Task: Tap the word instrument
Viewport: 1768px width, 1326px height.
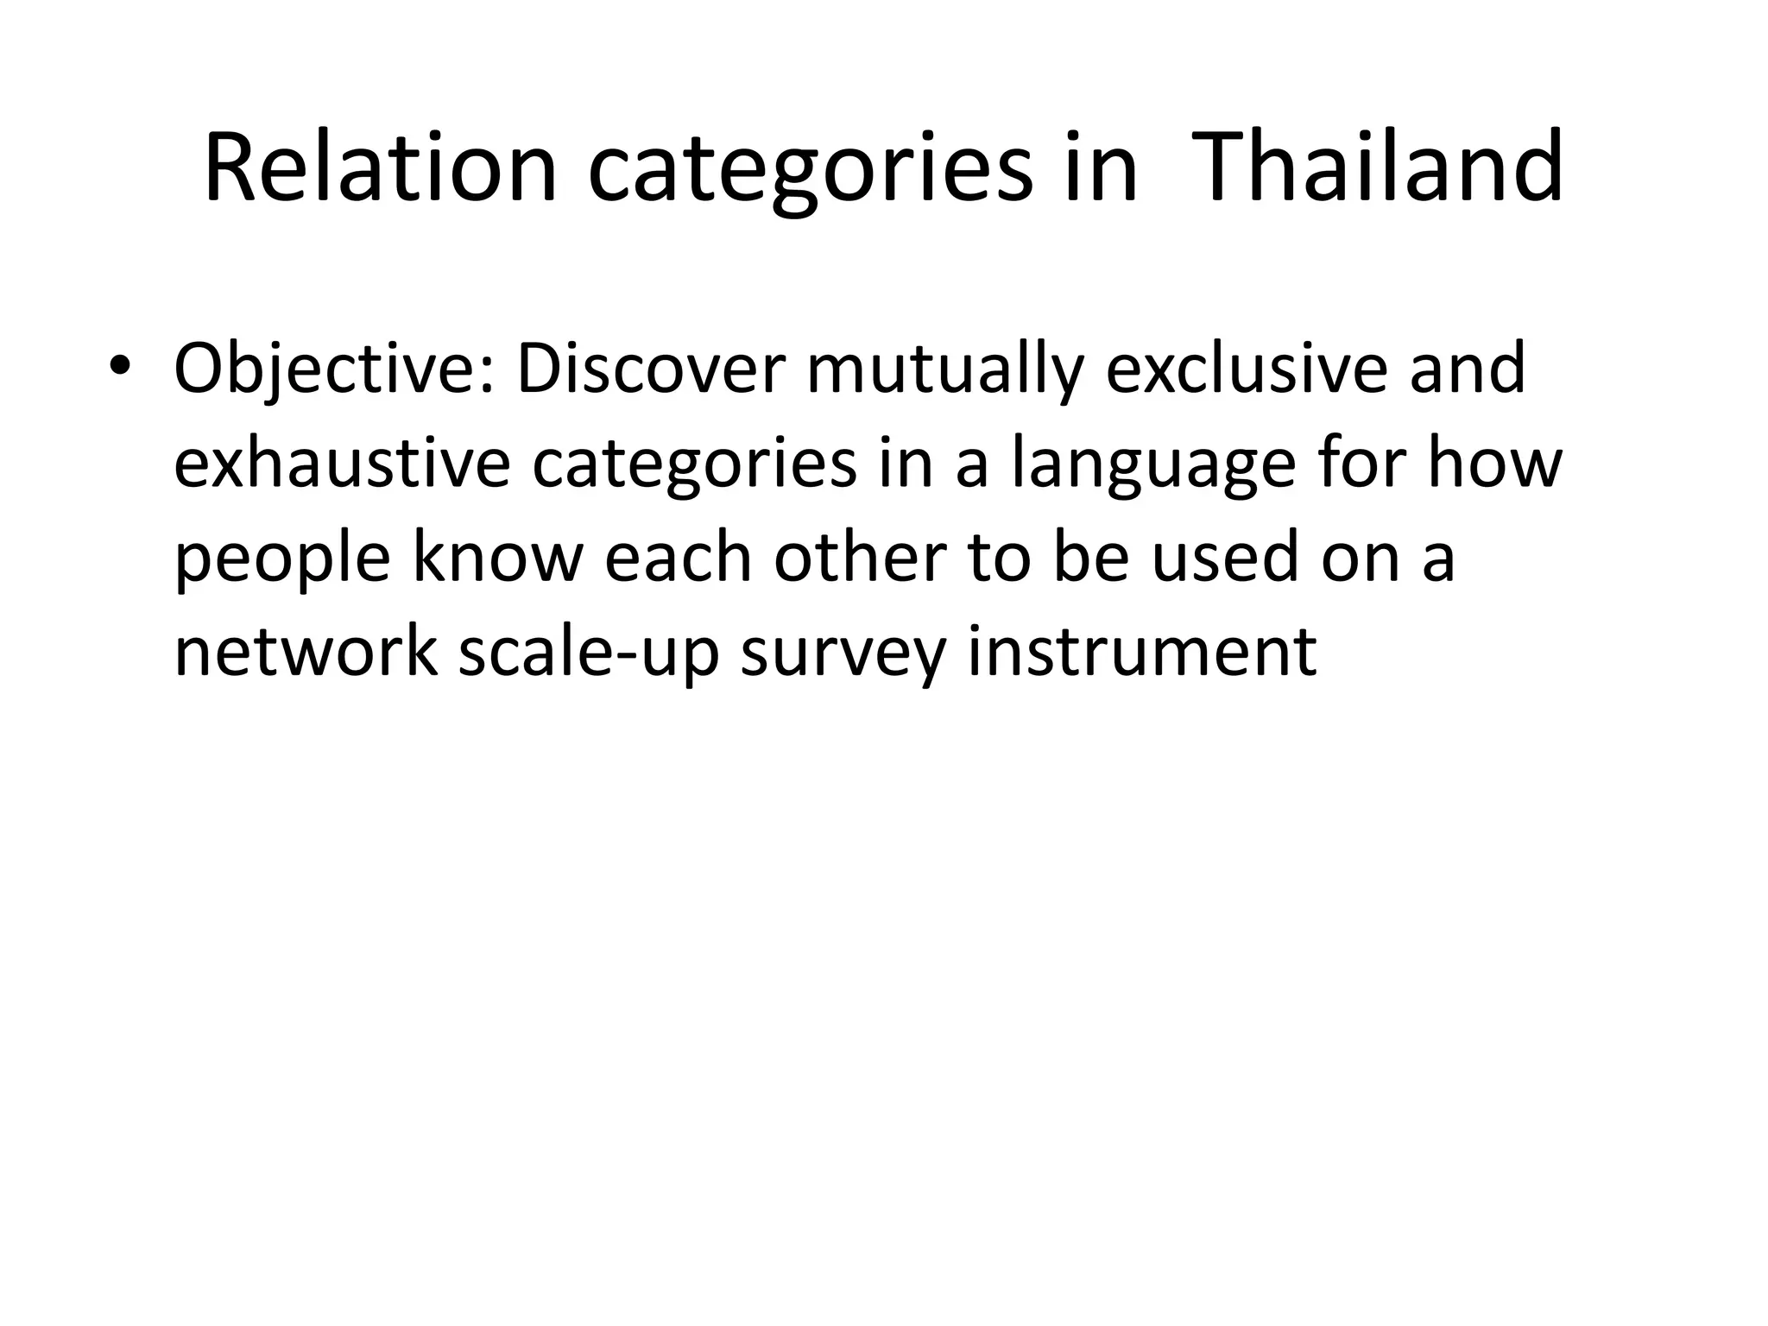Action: (x=1141, y=650)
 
